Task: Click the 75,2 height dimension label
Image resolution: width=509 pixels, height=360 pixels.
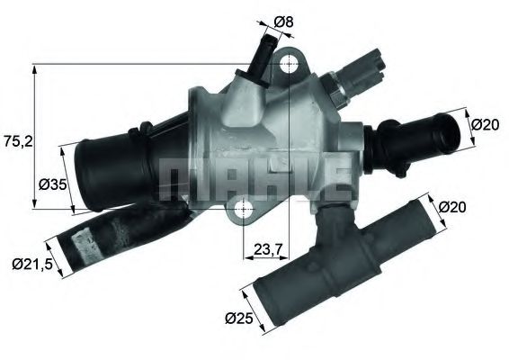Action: click(x=15, y=141)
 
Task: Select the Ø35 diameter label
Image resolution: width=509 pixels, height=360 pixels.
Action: click(x=53, y=185)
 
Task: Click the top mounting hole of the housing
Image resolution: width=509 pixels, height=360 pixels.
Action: click(x=289, y=67)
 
